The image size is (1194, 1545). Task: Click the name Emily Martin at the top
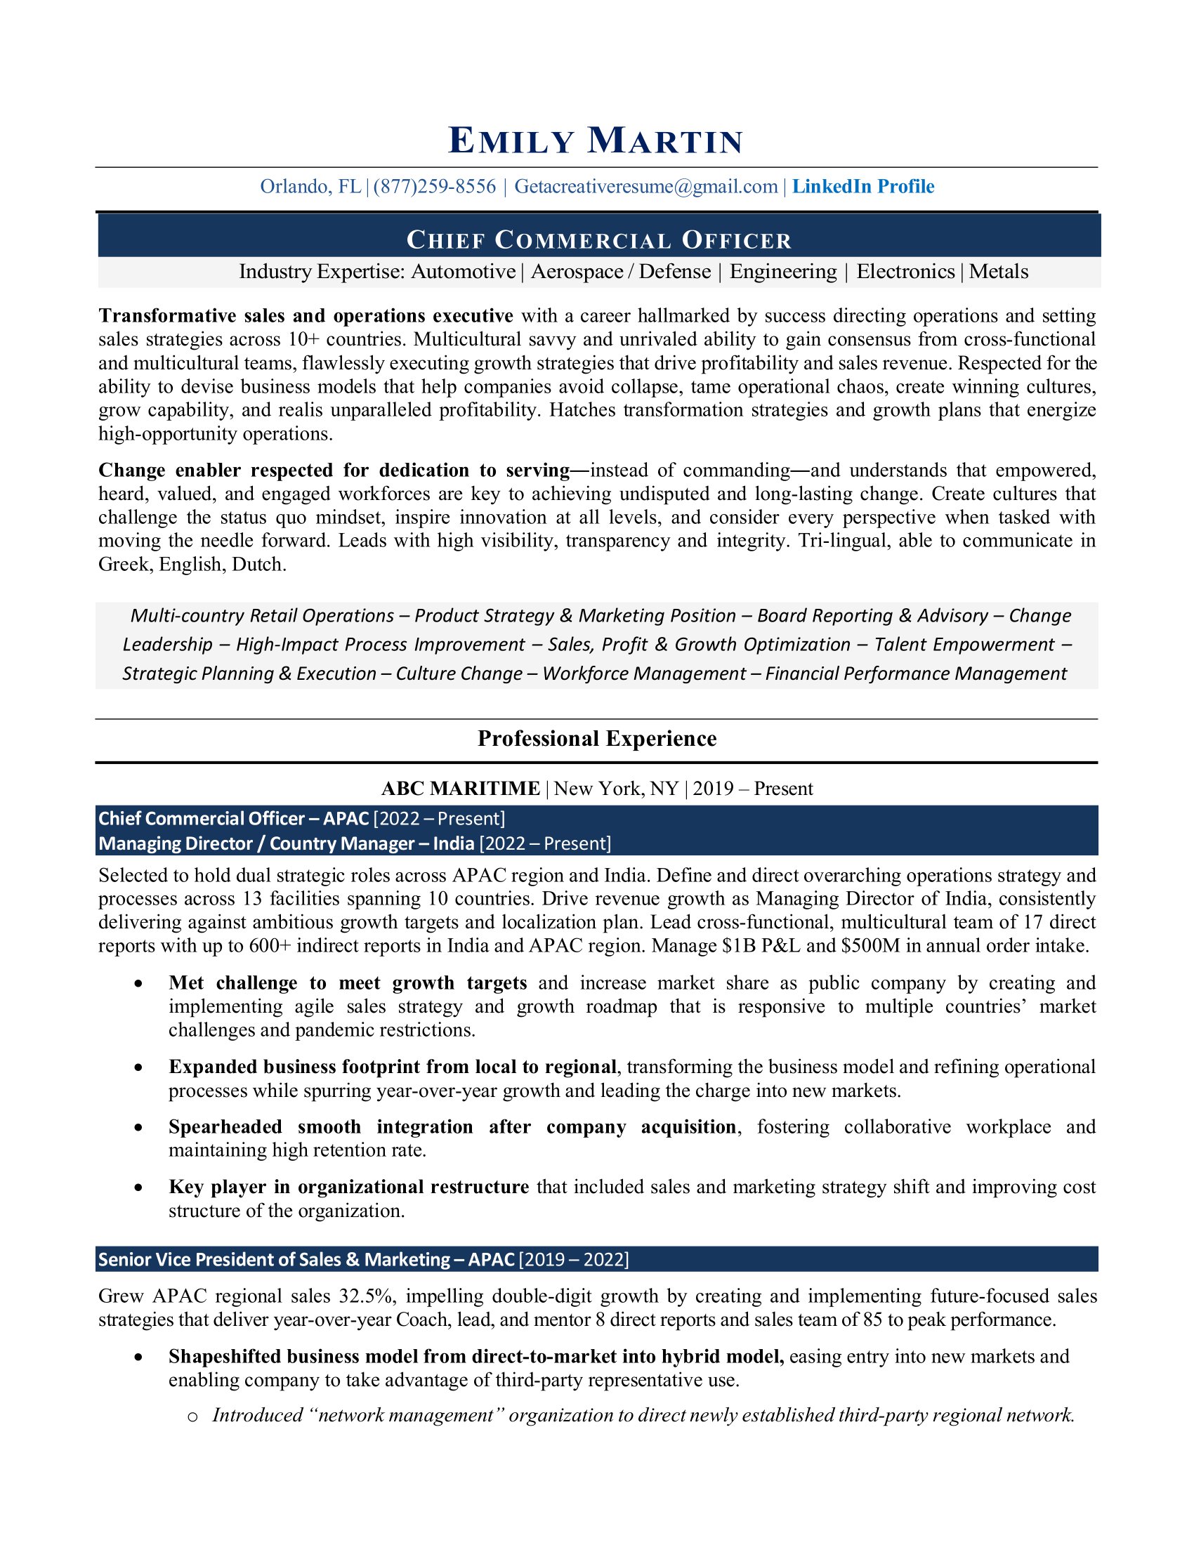pyautogui.click(x=596, y=140)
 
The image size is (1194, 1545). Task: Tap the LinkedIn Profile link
pyautogui.click(x=863, y=187)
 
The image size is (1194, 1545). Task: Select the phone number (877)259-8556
pyautogui.click(x=434, y=187)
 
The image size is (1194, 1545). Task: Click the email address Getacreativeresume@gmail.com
pyautogui.click(x=645, y=187)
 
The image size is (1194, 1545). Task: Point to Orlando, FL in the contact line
pyautogui.click(x=310, y=187)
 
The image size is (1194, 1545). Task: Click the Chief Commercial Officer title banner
pyautogui.click(x=598, y=240)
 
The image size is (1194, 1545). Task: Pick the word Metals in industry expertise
pyautogui.click(x=998, y=272)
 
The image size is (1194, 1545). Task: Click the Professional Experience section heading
pyautogui.click(x=597, y=739)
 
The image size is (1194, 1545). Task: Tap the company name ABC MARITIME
pyautogui.click(x=461, y=788)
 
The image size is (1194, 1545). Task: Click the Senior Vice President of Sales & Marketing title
pyautogui.click(x=306, y=1259)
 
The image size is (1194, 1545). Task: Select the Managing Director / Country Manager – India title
pyautogui.click(x=286, y=843)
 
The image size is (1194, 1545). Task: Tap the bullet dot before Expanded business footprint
pyautogui.click(x=138, y=1067)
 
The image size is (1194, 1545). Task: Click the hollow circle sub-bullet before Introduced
pyautogui.click(x=192, y=1416)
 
